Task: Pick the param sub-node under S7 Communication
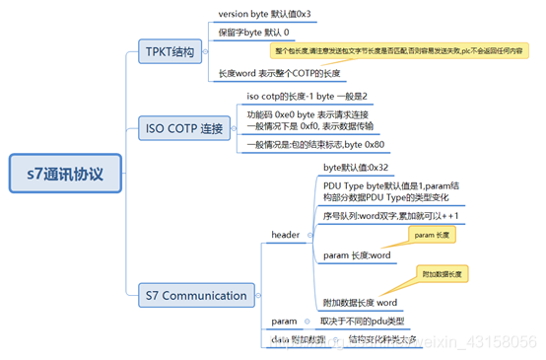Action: pyautogui.click(x=284, y=322)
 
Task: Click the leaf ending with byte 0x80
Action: pyautogui.click(x=315, y=145)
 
